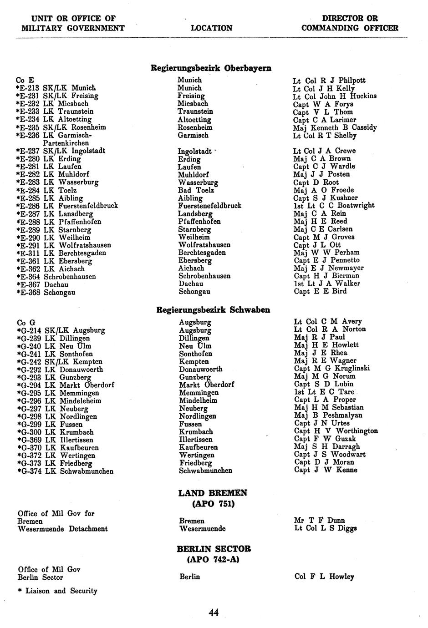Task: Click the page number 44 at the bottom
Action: click(x=214, y=613)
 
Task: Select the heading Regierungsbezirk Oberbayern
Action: click(x=211, y=68)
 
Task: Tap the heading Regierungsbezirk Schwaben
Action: click(x=213, y=310)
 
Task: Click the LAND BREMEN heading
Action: click(x=213, y=493)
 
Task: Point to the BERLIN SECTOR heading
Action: click(x=214, y=549)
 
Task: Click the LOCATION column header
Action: click(x=211, y=28)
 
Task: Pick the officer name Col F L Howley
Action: click(x=324, y=577)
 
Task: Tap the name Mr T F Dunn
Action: click(x=320, y=520)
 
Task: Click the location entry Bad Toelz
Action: click(x=196, y=190)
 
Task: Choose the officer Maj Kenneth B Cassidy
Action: click(x=335, y=127)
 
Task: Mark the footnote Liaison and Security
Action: click(x=57, y=591)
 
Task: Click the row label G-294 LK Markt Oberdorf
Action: click(x=66, y=385)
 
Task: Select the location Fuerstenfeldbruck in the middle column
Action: click(x=209, y=206)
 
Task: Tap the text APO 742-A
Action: click(x=213, y=560)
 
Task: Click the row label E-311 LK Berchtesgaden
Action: click(x=61, y=253)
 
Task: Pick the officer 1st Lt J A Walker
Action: click(x=327, y=284)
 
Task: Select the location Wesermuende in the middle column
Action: click(x=203, y=529)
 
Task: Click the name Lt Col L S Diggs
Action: click(x=325, y=528)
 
